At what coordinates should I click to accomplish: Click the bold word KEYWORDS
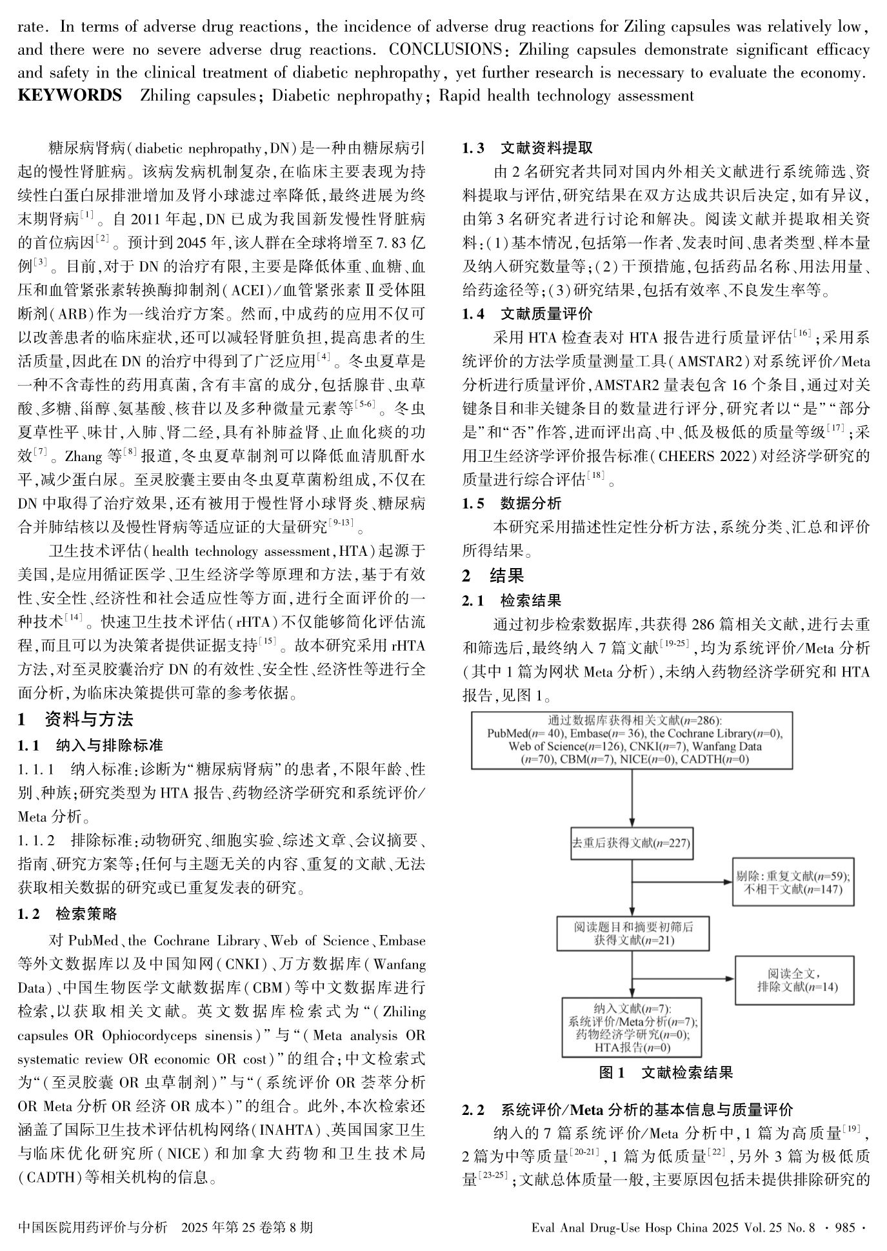tap(70, 96)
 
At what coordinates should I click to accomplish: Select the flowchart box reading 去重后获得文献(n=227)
tap(632, 842)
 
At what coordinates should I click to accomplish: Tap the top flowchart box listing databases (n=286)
tap(632, 740)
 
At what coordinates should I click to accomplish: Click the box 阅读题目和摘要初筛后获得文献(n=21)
tap(633, 932)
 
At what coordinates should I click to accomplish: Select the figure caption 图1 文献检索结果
tap(666, 1073)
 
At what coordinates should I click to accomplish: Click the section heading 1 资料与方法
tap(75, 720)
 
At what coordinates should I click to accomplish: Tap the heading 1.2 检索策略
tap(68, 914)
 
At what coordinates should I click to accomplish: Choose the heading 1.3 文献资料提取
tap(527, 148)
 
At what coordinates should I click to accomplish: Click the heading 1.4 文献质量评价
tap(527, 314)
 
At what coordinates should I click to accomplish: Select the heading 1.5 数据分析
tap(512, 504)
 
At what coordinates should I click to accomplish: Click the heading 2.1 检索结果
tap(512, 601)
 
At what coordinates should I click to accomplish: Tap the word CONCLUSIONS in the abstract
tap(446, 50)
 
